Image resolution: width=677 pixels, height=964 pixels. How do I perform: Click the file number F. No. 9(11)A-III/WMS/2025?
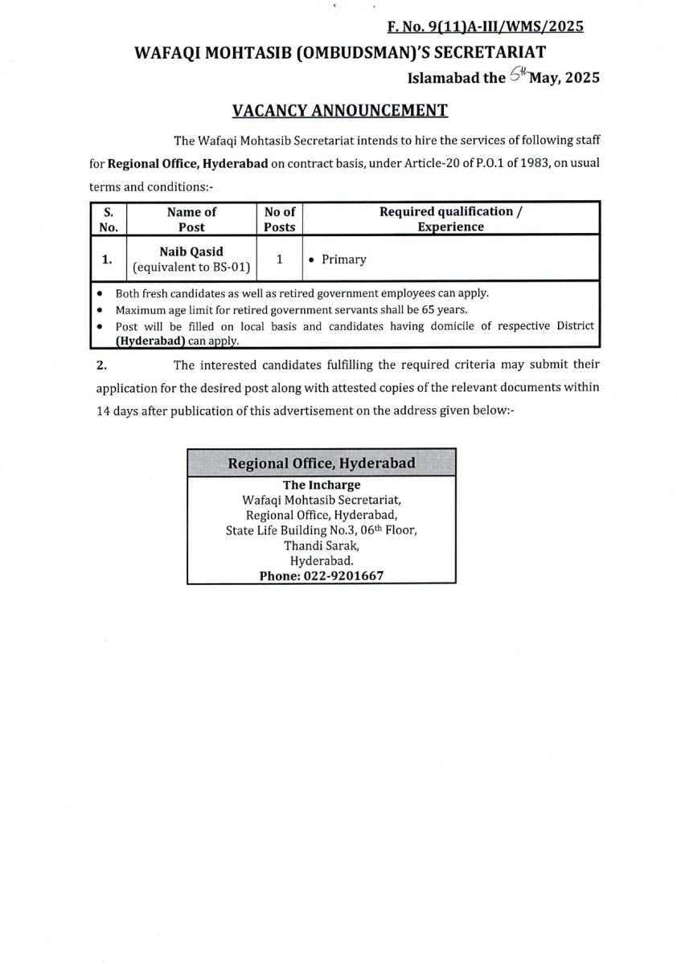coord(485,27)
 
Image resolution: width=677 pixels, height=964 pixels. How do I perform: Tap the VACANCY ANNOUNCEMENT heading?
coord(339,109)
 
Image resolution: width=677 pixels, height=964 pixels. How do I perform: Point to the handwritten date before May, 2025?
coord(519,76)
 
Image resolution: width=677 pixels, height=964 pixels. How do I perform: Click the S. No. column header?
coord(109,219)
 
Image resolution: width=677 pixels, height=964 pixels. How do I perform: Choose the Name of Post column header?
coord(191,219)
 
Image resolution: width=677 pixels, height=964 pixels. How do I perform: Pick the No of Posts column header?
coord(280,219)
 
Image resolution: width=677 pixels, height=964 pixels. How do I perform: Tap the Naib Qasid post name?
coord(191,251)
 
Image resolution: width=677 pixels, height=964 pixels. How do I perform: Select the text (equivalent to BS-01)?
coord(191,266)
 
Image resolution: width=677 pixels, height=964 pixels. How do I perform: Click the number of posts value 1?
coord(280,259)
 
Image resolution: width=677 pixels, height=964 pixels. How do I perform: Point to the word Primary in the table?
coord(343,259)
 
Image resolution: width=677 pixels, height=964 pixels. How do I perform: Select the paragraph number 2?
coord(101,365)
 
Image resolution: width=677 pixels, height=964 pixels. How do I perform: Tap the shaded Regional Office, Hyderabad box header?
coord(322,464)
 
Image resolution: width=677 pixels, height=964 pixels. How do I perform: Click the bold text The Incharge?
coord(322,485)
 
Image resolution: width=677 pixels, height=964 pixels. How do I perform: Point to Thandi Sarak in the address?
coord(322,546)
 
